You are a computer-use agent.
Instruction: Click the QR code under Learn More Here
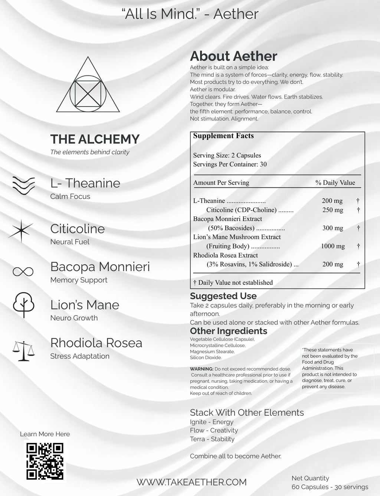pyautogui.click(x=46, y=461)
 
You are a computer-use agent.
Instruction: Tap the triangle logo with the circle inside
pyautogui.click(x=88, y=86)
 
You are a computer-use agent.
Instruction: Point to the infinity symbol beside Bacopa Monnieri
pyautogui.click(x=23, y=272)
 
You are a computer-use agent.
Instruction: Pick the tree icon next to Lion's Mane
pyautogui.click(x=24, y=305)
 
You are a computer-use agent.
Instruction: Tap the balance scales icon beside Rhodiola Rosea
pyautogui.click(x=22, y=351)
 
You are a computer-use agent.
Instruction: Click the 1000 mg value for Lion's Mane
pyautogui.click(x=333, y=246)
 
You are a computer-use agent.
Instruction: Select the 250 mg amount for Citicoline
pyautogui.click(x=332, y=210)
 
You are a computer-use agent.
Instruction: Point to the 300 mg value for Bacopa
pyautogui.click(x=332, y=228)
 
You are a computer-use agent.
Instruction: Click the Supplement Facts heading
pyautogui.click(x=223, y=136)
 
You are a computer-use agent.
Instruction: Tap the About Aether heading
pyautogui.click(x=233, y=56)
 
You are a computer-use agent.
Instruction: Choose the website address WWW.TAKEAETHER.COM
pyautogui.click(x=191, y=482)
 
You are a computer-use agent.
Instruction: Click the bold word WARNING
pyautogui.click(x=201, y=369)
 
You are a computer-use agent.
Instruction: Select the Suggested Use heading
pyautogui.click(x=223, y=296)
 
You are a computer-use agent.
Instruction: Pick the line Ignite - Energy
pyautogui.click(x=212, y=422)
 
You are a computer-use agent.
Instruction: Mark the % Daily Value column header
pyautogui.click(x=335, y=183)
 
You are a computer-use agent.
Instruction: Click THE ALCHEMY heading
pyautogui.click(x=95, y=139)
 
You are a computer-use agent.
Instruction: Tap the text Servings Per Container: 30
pyautogui.click(x=230, y=164)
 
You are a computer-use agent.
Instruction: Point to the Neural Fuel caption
pyautogui.click(x=70, y=242)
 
